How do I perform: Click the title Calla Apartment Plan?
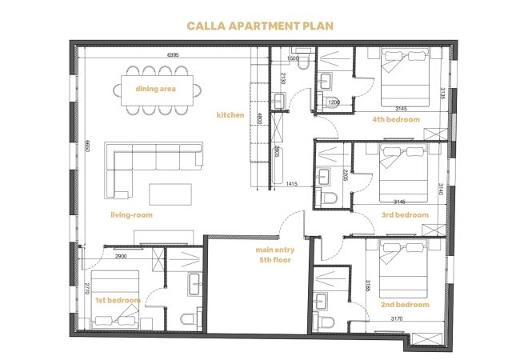pos(260,26)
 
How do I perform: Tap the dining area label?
pos(155,89)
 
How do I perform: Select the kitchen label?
pos(230,114)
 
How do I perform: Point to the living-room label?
pos(132,215)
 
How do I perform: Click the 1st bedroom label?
pos(118,300)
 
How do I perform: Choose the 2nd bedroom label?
pos(405,304)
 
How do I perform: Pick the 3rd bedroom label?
pos(405,215)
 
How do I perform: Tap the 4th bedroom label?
pos(396,119)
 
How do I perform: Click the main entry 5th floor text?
pos(275,254)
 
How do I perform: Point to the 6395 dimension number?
pos(173,55)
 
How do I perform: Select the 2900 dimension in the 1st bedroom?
pos(121,256)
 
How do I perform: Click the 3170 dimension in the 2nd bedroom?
pos(397,318)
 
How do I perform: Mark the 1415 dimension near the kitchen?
pos(291,184)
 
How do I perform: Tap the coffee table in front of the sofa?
pos(170,194)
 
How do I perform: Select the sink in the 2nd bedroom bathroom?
pos(321,301)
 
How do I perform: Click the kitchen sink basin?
pos(278,101)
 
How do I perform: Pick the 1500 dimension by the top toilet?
pos(293,58)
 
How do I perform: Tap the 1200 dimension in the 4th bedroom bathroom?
pos(334,102)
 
